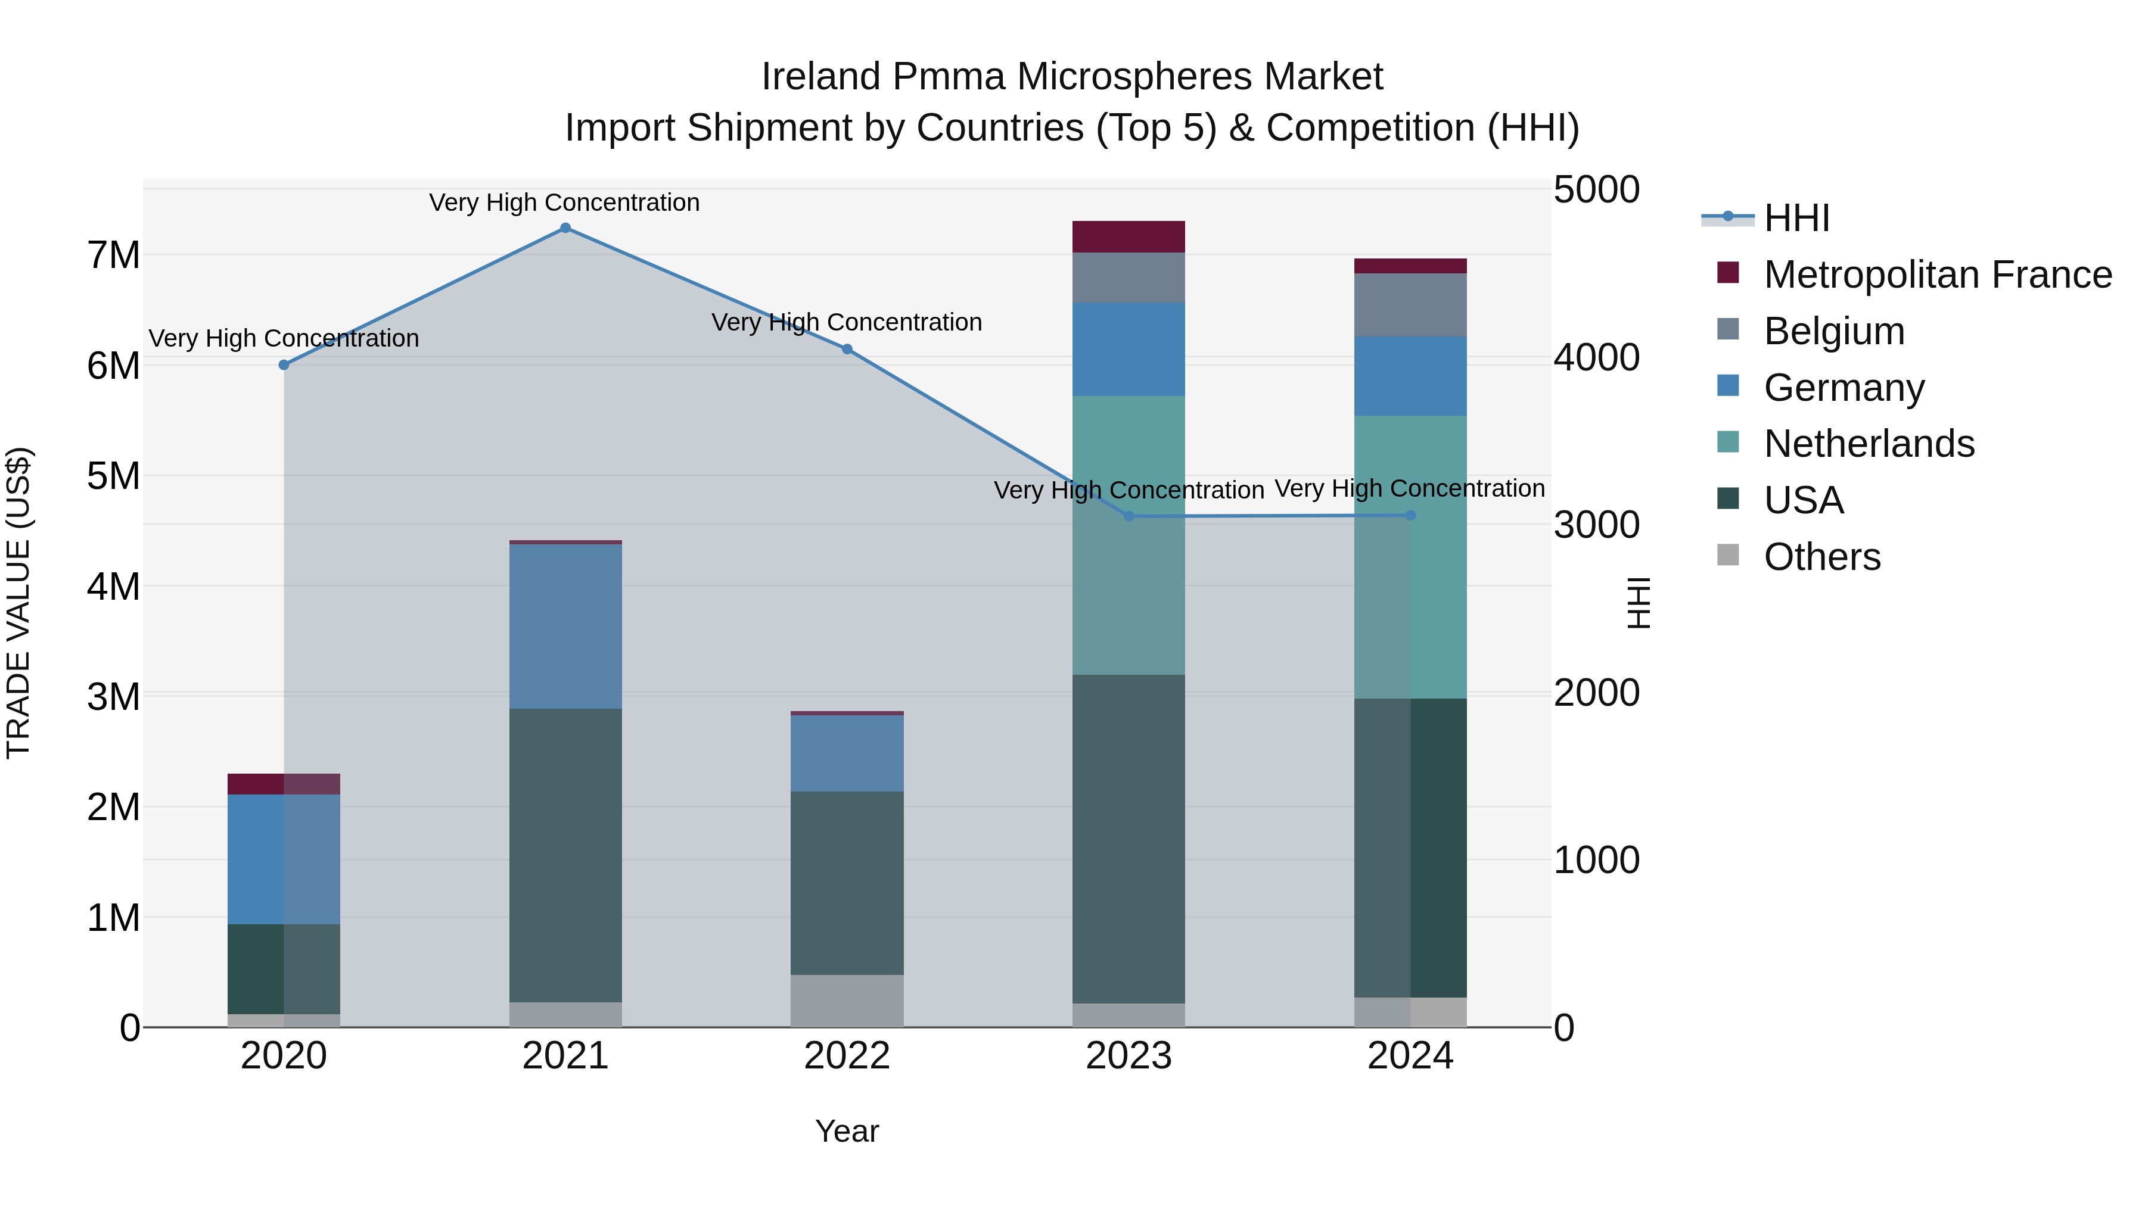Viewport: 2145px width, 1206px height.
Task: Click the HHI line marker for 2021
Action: [x=565, y=228]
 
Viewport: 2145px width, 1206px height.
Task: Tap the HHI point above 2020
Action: [x=284, y=364]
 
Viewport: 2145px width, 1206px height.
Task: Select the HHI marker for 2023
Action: [x=1129, y=516]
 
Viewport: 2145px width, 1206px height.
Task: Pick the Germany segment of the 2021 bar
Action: [x=565, y=626]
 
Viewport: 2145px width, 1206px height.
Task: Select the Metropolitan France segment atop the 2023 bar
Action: [x=1129, y=236]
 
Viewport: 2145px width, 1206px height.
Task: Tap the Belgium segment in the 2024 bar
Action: [x=1410, y=304]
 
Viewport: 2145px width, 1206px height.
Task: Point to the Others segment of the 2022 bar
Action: [x=847, y=1001]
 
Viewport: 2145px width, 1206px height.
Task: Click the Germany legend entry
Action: [x=1844, y=388]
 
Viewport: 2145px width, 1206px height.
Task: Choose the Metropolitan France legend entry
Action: [x=1937, y=275]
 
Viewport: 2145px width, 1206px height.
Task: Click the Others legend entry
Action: [x=1822, y=557]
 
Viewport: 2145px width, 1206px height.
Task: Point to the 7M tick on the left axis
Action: [x=113, y=255]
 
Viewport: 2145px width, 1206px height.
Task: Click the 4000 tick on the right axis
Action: [x=1596, y=358]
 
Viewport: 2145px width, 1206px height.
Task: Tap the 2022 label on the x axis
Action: [x=847, y=1056]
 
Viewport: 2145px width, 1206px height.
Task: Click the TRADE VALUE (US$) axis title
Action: [x=18, y=603]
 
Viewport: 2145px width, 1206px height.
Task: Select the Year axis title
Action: [x=847, y=1131]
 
